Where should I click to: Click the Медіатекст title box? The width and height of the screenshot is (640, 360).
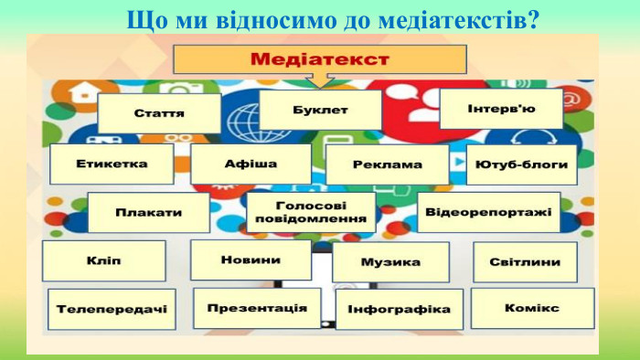(x=319, y=59)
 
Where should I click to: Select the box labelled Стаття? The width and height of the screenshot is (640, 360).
(x=159, y=114)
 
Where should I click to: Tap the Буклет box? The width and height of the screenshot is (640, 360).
(x=320, y=110)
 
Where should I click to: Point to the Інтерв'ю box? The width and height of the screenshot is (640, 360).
(x=501, y=109)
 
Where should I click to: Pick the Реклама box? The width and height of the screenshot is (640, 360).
(x=387, y=165)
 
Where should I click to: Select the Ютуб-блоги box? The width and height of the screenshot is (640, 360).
(x=521, y=164)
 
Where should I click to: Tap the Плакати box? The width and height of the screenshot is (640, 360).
(x=148, y=212)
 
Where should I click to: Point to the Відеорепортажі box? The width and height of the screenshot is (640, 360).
(x=488, y=212)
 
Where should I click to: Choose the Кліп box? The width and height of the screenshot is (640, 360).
(x=103, y=261)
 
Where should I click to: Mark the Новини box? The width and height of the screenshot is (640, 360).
(x=250, y=259)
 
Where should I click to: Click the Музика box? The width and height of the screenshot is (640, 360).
(x=390, y=262)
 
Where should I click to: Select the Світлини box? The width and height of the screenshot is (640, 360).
(x=525, y=262)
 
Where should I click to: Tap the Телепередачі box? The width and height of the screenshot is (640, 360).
(x=112, y=310)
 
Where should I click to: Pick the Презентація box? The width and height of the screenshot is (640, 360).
(x=257, y=308)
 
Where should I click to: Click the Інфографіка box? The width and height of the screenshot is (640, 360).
(x=399, y=310)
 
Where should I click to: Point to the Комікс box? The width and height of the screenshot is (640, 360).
(x=532, y=308)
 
